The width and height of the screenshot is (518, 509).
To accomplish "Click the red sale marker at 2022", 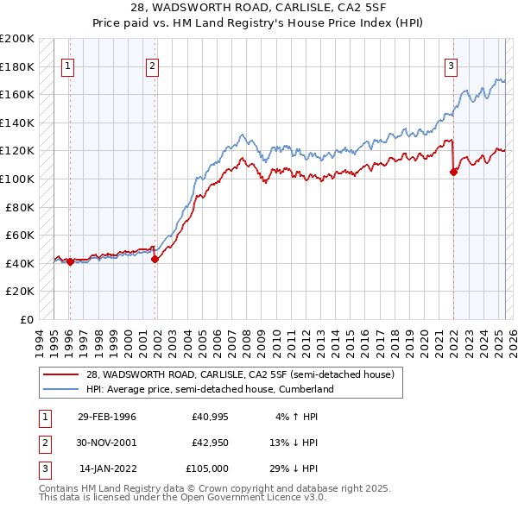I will point(453,173).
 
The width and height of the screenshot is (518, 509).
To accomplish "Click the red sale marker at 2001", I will point(155,259).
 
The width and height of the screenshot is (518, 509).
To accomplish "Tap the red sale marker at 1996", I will point(70,261).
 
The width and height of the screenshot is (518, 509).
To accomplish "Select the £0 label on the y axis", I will point(28,319).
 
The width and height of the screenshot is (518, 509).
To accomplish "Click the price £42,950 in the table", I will point(208,443).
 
